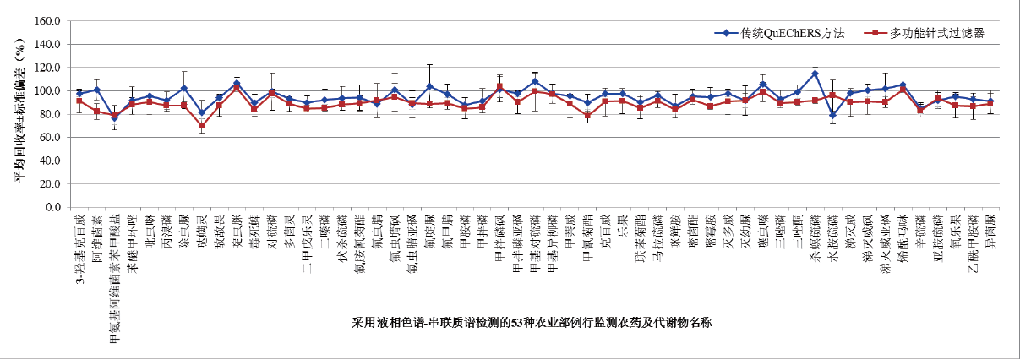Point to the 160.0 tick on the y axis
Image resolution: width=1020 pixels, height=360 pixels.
point(50,20)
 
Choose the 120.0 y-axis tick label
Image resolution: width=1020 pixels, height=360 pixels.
point(50,67)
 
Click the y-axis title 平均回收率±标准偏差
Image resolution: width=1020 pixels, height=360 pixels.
point(19,113)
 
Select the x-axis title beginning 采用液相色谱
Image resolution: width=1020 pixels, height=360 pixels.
point(532,323)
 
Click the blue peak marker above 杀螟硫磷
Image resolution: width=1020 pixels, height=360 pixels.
point(815,74)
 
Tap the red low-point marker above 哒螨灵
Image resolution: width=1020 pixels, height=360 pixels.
point(201,126)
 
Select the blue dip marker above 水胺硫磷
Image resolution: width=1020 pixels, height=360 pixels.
point(832,116)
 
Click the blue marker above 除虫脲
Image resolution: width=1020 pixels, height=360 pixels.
point(183,89)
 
